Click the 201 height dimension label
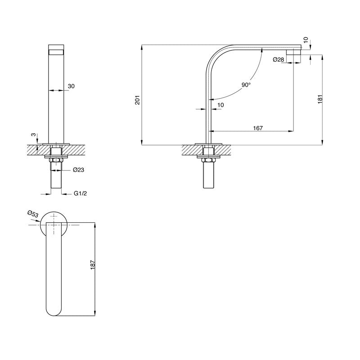pos(138,100)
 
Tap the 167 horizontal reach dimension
pos(258,128)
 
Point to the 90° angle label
pos(245,85)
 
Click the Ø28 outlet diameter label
pos(278,59)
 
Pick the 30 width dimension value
pos(71,86)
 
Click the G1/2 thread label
pos(81,193)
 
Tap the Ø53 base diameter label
pos(32,214)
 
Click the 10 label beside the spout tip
pos(306,40)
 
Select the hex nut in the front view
pos(56,160)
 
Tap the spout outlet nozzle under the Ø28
pos(293,51)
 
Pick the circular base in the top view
pos(54,224)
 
